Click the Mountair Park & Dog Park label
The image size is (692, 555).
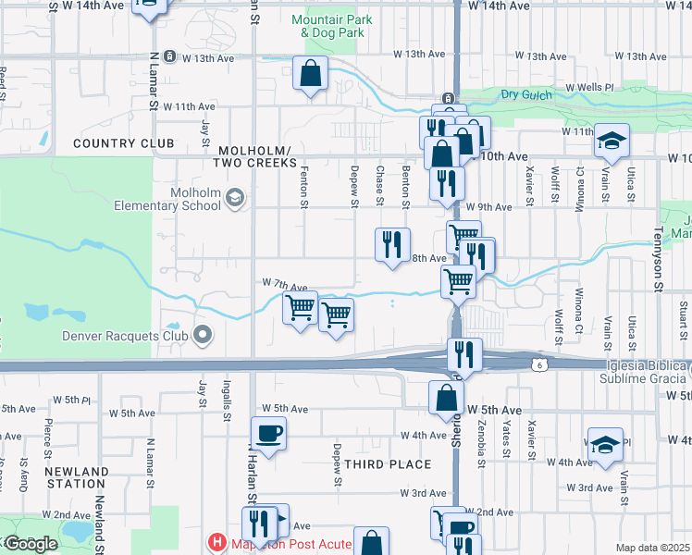tap(327, 26)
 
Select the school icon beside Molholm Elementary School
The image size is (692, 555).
tap(235, 197)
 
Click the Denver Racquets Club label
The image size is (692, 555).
tap(125, 337)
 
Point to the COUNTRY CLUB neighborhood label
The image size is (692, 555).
tap(123, 143)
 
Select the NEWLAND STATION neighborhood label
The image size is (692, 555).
tap(75, 477)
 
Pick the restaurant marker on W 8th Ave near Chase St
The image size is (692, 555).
tap(392, 244)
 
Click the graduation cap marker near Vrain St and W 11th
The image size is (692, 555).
tap(611, 141)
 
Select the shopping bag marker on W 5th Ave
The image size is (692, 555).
tap(446, 398)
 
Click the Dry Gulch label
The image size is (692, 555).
tap(526, 94)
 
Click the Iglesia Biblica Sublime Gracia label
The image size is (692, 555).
tap(644, 372)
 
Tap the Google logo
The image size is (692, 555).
tap(31, 544)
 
